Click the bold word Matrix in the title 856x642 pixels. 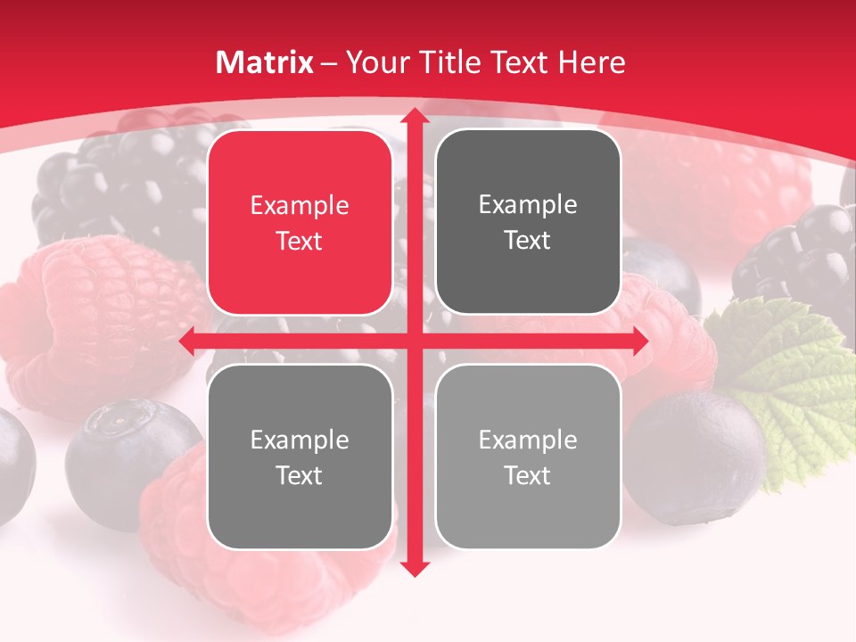[x=265, y=62]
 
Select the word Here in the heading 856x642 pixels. [x=591, y=62]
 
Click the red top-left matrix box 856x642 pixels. [x=300, y=223]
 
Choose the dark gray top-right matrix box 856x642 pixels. [x=528, y=222]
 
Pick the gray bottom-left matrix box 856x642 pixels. [x=300, y=457]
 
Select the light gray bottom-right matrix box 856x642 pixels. [x=528, y=457]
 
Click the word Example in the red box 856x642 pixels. [x=300, y=206]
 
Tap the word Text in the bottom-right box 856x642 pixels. [x=528, y=475]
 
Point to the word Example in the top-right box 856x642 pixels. [x=528, y=205]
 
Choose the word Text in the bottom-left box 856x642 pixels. [x=300, y=475]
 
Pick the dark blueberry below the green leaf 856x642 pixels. [x=695, y=455]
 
